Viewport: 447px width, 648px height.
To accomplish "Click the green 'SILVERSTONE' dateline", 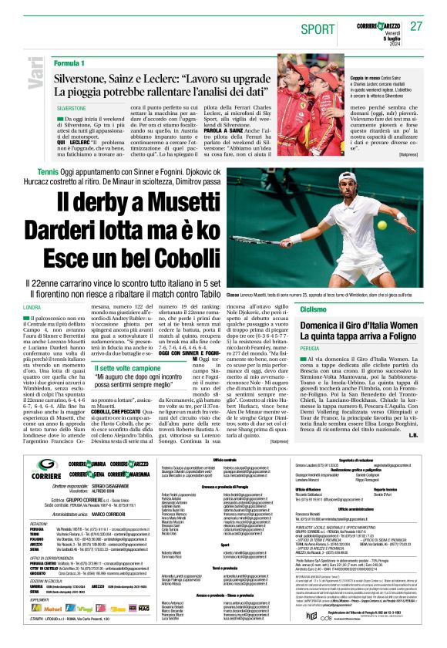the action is click(x=72, y=110).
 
